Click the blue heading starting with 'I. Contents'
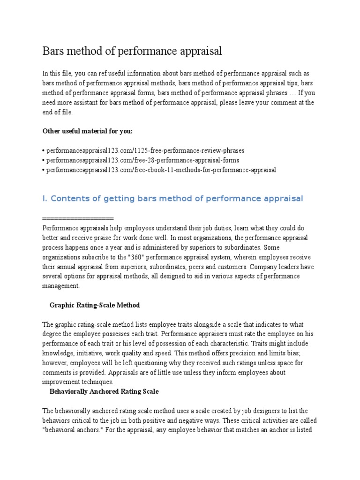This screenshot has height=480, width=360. tap(172, 199)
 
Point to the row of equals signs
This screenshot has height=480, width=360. tap(78, 219)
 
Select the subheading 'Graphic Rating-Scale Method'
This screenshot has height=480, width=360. tap(95, 305)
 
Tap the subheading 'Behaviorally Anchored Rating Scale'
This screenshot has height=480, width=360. tap(104, 391)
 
